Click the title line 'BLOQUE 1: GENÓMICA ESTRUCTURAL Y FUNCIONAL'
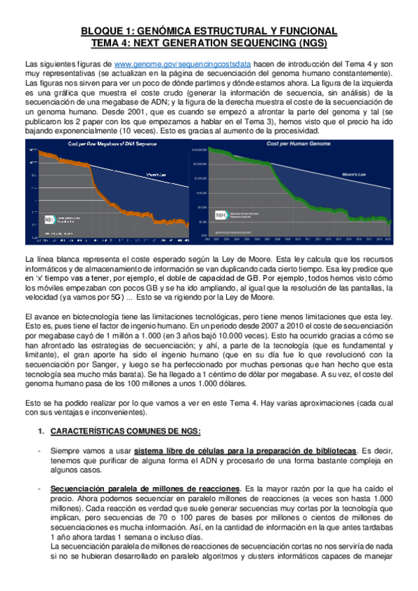point(209,31)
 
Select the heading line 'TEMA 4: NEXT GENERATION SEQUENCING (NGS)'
point(209,42)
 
